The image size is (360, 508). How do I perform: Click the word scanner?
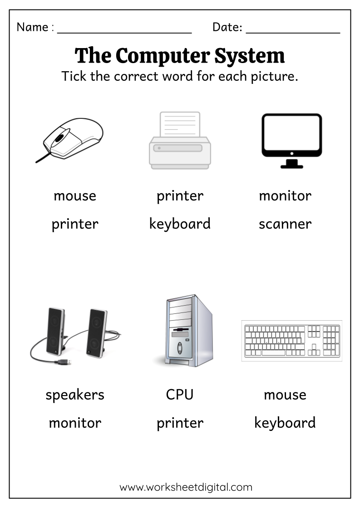tap(285, 224)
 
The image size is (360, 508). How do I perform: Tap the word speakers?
tap(75, 395)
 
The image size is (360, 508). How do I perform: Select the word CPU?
tap(180, 395)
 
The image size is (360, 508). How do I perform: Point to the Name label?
tap(33, 27)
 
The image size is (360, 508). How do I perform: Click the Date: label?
tap(227, 27)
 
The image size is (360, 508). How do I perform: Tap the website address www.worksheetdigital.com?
tap(186, 488)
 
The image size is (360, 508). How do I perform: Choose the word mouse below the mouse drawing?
tap(75, 196)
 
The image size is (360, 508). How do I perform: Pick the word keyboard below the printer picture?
tap(180, 224)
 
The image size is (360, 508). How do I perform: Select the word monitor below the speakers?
tap(75, 423)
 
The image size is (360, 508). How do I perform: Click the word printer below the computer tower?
tap(180, 423)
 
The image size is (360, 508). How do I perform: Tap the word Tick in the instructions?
tap(74, 76)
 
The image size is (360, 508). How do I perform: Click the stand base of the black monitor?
tap(291, 166)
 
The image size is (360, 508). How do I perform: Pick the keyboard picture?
tap(291, 341)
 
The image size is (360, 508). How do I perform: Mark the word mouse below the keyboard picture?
tap(285, 395)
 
